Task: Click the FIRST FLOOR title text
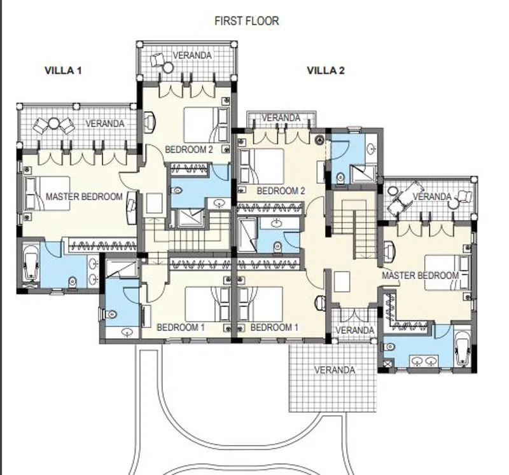[x=247, y=21]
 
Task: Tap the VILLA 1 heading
[x=63, y=71]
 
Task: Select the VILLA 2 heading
[x=326, y=71]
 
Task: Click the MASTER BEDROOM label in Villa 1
[x=84, y=196]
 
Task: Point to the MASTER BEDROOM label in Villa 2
[x=420, y=275]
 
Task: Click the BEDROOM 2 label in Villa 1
[x=189, y=149]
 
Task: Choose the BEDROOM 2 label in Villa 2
[x=281, y=191]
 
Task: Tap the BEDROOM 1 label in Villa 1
[x=181, y=327]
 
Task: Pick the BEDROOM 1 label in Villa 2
[x=274, y=327]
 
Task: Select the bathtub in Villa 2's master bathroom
[x=462, y=349]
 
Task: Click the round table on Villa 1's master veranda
[x=54, y=123]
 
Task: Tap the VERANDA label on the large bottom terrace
[x=335, y=370]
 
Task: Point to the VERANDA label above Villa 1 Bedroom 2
[x=192, y=55]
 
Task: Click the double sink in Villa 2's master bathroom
[x=424, y=361]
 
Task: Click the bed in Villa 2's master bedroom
[x=447, y=272]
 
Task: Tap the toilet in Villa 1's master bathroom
[x=73, y=282]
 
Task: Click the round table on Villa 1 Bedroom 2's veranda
[x=168, y=68]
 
